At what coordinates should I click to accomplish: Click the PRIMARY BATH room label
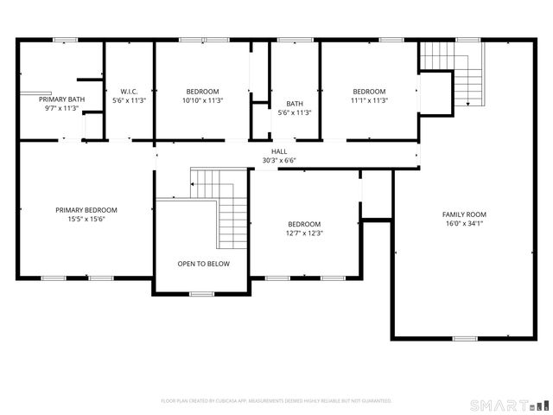point(62,99)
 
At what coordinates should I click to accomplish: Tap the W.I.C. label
point(130,92)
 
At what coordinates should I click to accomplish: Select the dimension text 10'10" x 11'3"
point(203,100)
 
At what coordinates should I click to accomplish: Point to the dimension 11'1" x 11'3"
point(369,100)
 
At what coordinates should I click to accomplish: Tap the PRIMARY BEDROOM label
point(86,210)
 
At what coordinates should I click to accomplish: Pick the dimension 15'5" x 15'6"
point(86,219)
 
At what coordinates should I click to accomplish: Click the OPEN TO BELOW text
point(204,264)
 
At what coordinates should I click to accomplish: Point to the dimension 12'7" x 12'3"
point(304,233)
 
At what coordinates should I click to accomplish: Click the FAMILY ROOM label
point(464,214)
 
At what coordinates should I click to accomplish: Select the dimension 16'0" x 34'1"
point(464,224)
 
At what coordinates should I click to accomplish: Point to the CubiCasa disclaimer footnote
point(276,401)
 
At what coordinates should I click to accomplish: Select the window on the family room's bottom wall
point(465,338)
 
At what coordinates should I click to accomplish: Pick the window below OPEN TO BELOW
point(201,295)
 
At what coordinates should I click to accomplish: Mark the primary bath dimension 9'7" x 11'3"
point(62,109)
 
